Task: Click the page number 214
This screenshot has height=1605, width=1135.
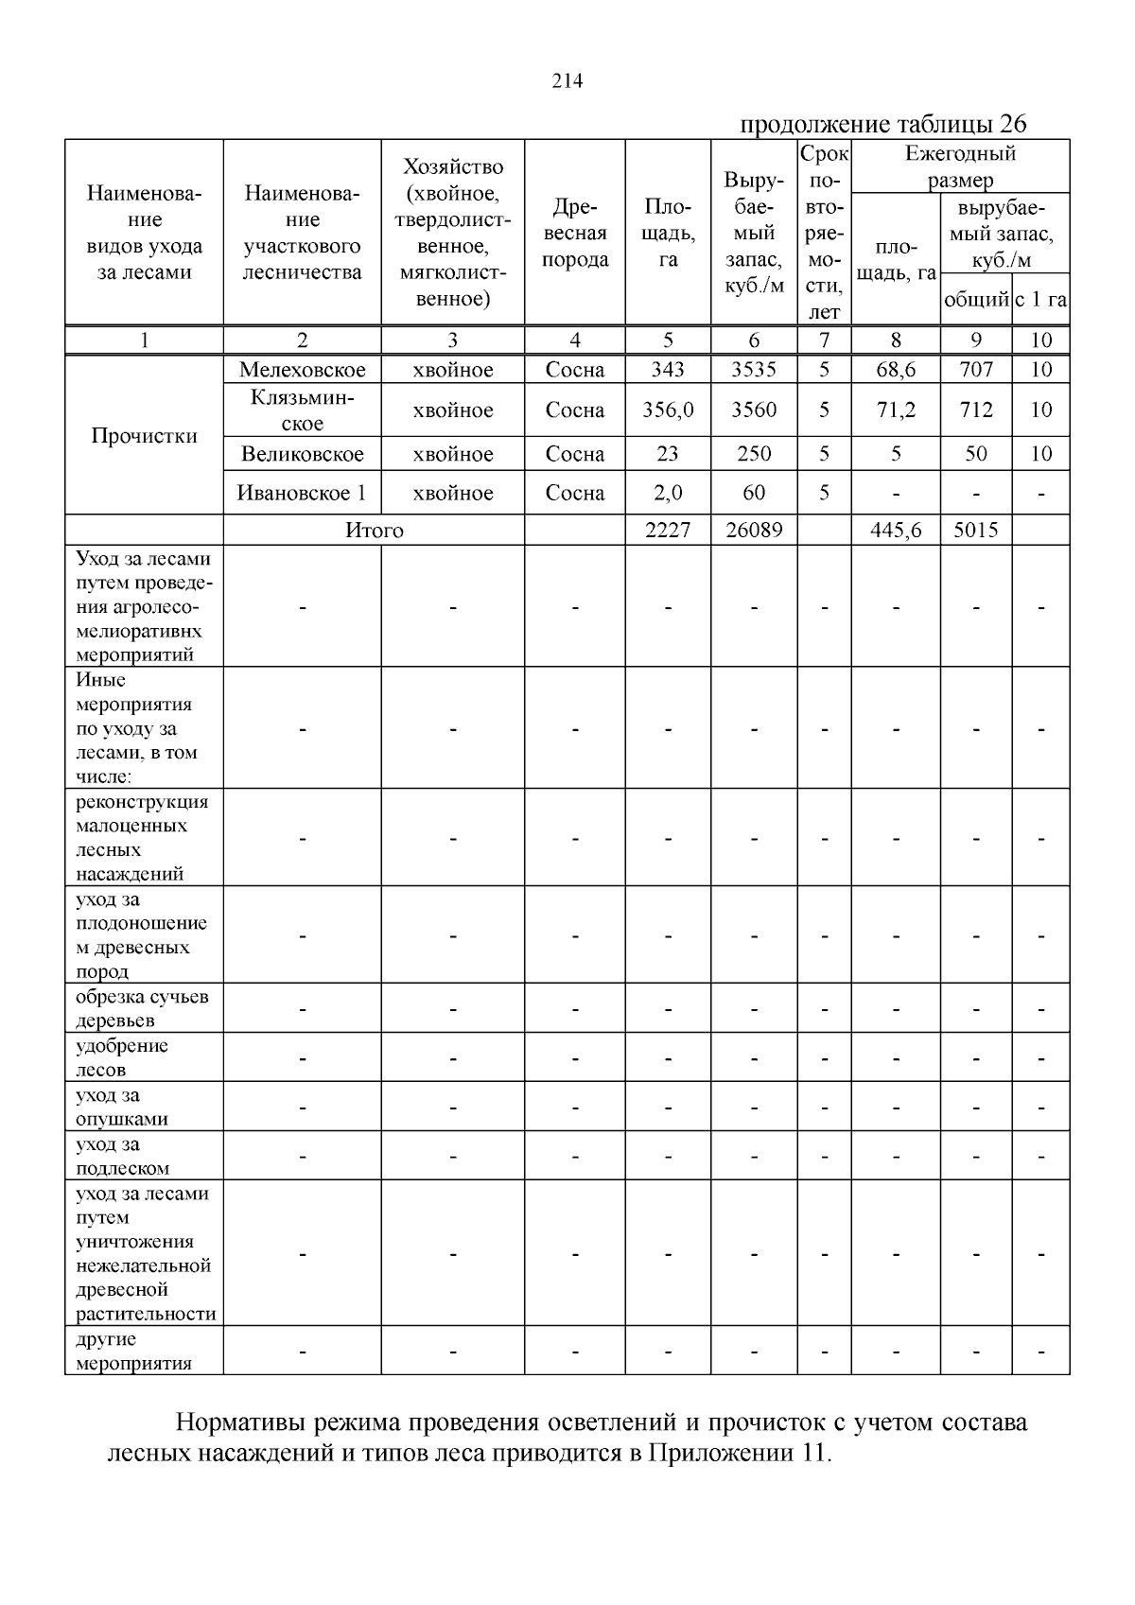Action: coord(567,81)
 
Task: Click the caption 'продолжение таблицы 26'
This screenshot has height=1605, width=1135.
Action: coord(882,124)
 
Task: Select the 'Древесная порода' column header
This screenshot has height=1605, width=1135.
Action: coord(575,233)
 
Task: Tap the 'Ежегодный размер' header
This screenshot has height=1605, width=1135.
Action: coord(960,166)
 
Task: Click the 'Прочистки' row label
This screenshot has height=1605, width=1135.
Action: coord(144,436)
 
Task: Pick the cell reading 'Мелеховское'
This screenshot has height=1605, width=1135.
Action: coord(302,370)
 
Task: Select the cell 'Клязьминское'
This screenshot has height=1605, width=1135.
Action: coord(302,410)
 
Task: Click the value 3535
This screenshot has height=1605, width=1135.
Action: coord(754,370)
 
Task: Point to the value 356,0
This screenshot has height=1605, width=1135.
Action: coord(668,410)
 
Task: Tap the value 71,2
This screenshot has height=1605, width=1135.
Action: coord(896,410)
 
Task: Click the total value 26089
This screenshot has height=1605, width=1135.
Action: coord(754,531)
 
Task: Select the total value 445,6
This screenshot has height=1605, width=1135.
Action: coord(896,531)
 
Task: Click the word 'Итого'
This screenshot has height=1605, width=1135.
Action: coord(375,531)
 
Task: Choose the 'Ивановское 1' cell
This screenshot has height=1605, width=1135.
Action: coord(302,493)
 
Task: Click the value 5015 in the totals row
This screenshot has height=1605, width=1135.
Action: coord(975,531)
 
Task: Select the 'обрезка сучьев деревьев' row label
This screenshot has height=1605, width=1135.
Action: coord(142,1008)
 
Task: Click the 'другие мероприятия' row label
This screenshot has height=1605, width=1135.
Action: coord(132,1351)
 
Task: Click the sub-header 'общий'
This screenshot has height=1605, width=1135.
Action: coord(975,301)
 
